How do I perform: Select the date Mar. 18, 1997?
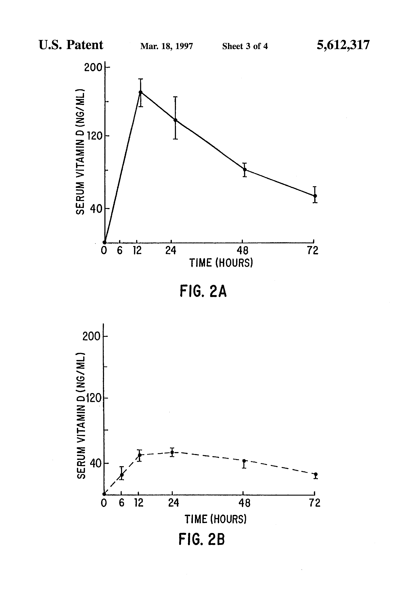coord(166,46)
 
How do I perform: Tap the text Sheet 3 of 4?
coord(245,46)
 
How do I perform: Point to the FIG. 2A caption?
coord(203,292)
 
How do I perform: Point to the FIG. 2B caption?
coord(202,539)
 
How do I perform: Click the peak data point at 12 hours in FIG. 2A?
coord(141,92)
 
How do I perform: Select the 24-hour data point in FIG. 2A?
coord(175,120)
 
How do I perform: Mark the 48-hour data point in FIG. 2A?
coord(245,169)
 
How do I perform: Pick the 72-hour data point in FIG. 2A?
coord(315,196)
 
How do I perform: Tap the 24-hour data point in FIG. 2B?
coord(172,452)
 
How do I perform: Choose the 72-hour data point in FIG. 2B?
coord(316,474)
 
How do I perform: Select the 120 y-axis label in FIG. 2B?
coord(94,398)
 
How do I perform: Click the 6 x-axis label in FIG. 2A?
coord(120,251)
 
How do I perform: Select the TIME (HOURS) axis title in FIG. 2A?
coord(221,263)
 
